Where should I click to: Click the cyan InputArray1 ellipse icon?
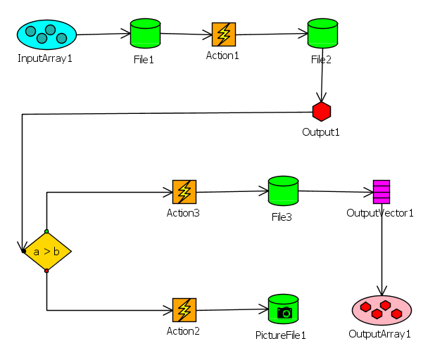(46, 34)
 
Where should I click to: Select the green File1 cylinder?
(145, 34)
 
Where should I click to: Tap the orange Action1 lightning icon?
(224, 34)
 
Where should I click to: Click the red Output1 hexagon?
(322, 111)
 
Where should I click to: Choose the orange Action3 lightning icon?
(184, 191)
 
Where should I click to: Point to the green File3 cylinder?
(283, 191)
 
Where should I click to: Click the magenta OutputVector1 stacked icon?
(382, 191)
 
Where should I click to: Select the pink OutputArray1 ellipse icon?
(381, 309)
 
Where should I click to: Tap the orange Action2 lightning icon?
(184, 309)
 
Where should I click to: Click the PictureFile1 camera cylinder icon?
(283, 309)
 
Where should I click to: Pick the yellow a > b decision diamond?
(46, 251)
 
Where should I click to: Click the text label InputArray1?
(45, 58)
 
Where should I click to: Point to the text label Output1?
(321, 131)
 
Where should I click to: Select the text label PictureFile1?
(281, 335)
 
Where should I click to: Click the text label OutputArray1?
(379, 333)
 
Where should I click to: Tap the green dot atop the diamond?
(46, 231)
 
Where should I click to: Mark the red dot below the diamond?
(46, 271)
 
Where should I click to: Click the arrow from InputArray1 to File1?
(103, 34)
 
